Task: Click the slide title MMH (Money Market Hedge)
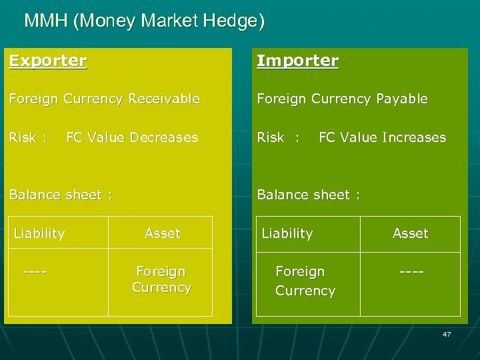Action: pos(144,21)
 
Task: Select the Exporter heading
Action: pos(48,61)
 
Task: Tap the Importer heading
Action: pos(298,61)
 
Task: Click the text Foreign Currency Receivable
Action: pos(104,99)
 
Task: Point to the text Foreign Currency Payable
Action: pos(343,99)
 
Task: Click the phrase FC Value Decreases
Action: pos(132,137)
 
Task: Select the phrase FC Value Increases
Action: pos(382,137)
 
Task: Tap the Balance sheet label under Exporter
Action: pos(60,195)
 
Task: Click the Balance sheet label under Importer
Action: pos(309,195)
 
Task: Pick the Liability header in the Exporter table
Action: pos(39,233)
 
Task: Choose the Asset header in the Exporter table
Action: pos(163,233)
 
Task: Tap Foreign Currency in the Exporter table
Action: pos(161,279)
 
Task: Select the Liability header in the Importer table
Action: pos(287,233)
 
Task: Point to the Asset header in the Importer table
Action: pos(411,233)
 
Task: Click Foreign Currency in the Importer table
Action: pos(305,281)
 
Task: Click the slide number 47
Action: pos(447,334)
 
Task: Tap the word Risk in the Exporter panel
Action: pos(23,137)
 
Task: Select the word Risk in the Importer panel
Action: pos(271,137)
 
